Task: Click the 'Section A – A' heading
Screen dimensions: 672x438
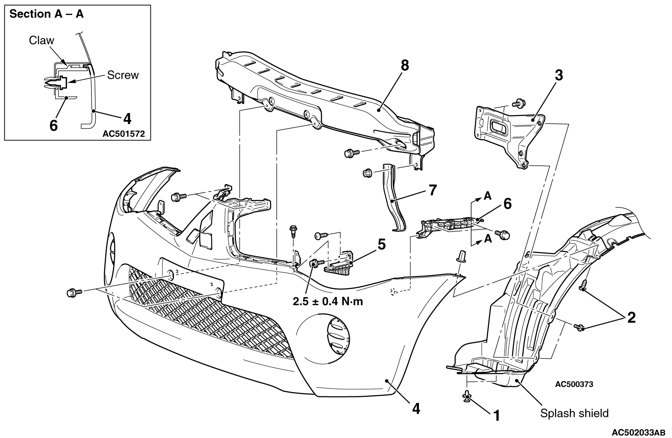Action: coord(47,14)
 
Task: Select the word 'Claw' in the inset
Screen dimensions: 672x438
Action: coord(41,40)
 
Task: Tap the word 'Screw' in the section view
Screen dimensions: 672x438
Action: coord(123,75)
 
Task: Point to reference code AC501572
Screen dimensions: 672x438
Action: coord(124,134)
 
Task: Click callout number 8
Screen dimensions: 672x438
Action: coord(405,66)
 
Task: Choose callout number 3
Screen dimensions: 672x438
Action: coord(559,75)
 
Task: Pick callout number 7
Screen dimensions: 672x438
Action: coord(433,190)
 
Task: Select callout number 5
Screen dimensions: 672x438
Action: coord(382,244)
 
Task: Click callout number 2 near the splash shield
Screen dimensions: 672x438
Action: coord(631,318)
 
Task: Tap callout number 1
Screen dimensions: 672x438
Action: coord(497,416)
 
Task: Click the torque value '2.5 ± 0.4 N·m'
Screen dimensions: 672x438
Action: coord(328,301)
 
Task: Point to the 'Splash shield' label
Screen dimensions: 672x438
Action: coord(575,413)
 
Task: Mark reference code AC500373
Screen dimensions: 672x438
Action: coord(574,384)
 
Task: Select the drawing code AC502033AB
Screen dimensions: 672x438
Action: coord(638,432)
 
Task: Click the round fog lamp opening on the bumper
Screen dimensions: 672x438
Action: coord(338,337)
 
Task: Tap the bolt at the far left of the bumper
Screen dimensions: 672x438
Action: coord(74,292)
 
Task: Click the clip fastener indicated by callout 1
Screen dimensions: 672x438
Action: coord(466,396)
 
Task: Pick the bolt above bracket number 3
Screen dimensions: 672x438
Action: coord(519,103)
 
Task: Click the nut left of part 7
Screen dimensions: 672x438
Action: coord(367,173)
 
